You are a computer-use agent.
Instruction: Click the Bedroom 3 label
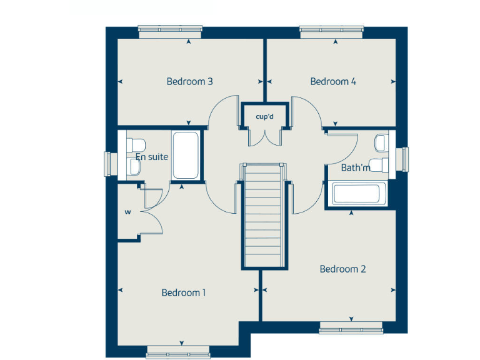tap(190, 81)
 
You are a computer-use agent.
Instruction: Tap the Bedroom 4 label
tap(333, 81)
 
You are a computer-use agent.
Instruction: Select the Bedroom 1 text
tap(184, 292)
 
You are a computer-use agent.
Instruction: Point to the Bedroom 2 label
tap(342, 269)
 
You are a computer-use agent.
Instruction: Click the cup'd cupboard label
tap(264, 116)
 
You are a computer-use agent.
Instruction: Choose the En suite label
tap(152, 157)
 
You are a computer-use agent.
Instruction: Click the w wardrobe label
tap(127, 212)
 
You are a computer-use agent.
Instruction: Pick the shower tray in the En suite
tap(186, 156)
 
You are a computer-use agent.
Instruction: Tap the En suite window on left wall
tap(108, 164)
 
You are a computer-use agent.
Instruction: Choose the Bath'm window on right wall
tap(404, 157)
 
